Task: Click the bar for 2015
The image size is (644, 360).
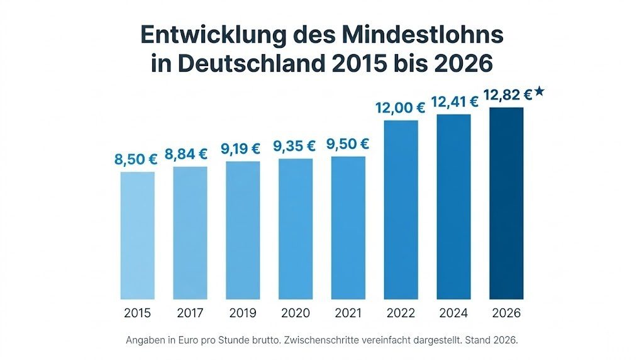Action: tap(137, 235)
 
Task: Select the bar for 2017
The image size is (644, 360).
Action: tap(190, 233)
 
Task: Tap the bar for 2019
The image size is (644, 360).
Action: tap(243, 230)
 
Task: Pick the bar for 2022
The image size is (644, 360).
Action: tap(401, 210)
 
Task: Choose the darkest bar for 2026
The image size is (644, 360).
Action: tap(506, 203)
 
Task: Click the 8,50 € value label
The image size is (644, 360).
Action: tap(136, 160)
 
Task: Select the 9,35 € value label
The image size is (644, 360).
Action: tap(294, 147)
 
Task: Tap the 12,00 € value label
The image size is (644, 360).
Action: tap(400, 108)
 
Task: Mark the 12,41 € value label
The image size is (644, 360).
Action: tap(453, 101)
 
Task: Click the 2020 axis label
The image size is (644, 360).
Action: tap(296, 313)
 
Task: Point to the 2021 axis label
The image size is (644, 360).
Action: tap(348, 313)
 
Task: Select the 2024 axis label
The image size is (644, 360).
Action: tap(453, 313)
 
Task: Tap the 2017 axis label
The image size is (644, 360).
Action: tap(190, 313)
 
